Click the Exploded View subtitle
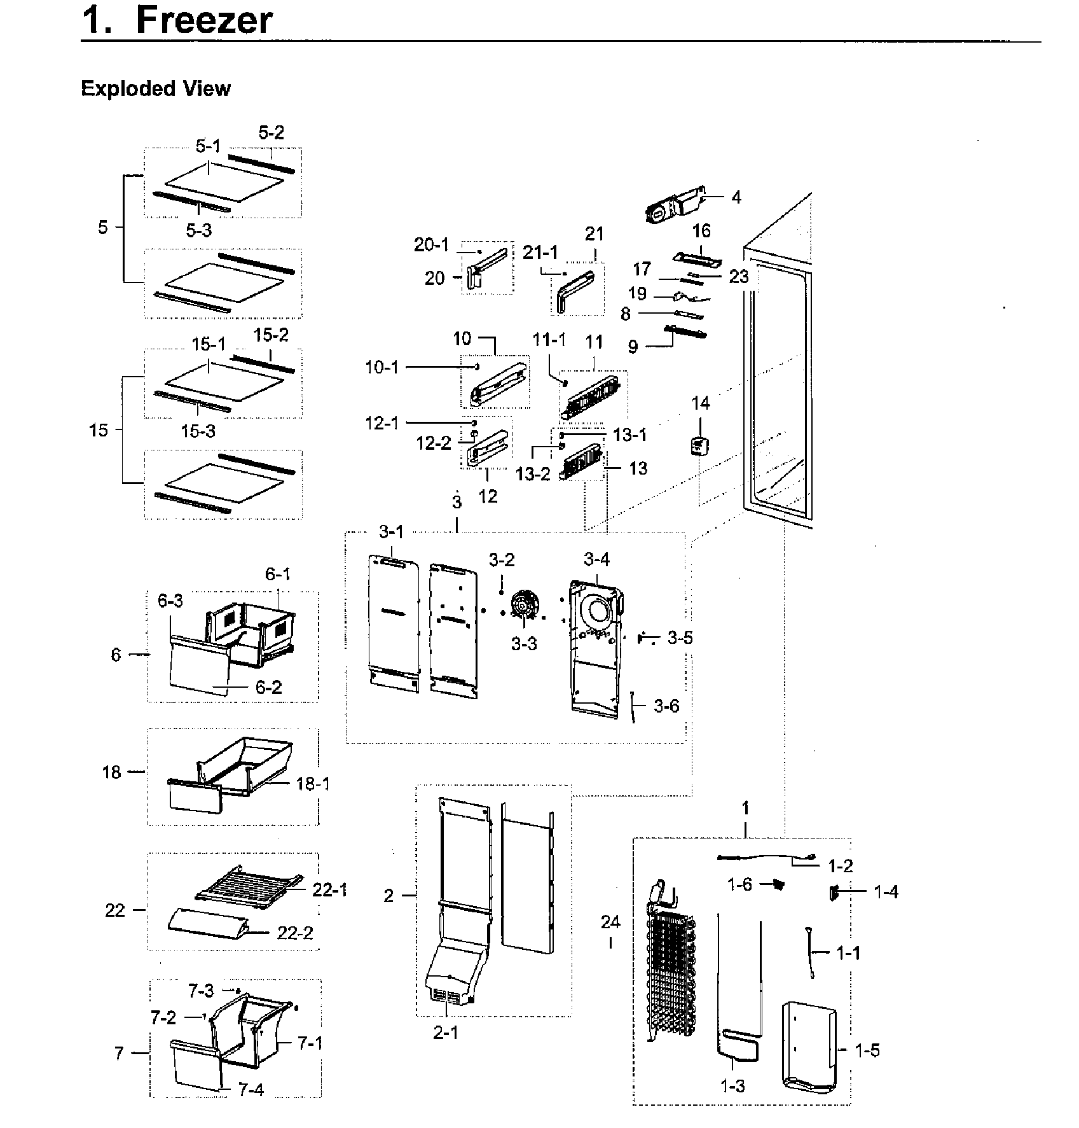(x=156, y=88)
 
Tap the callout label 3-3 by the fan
(x=524, y=644)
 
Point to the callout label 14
(x=700, y=403)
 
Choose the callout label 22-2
(x=295, y=933)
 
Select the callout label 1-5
(x=867, y=1050)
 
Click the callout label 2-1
(x=445, y=1033)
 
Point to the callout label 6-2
(x=268, y=687)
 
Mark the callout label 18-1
(x=313, y=784)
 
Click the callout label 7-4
(x=251, y=1090)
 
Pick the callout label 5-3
(x=198, y=230)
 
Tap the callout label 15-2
(x=271, y=335)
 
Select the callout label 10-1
(x=381, y=367)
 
